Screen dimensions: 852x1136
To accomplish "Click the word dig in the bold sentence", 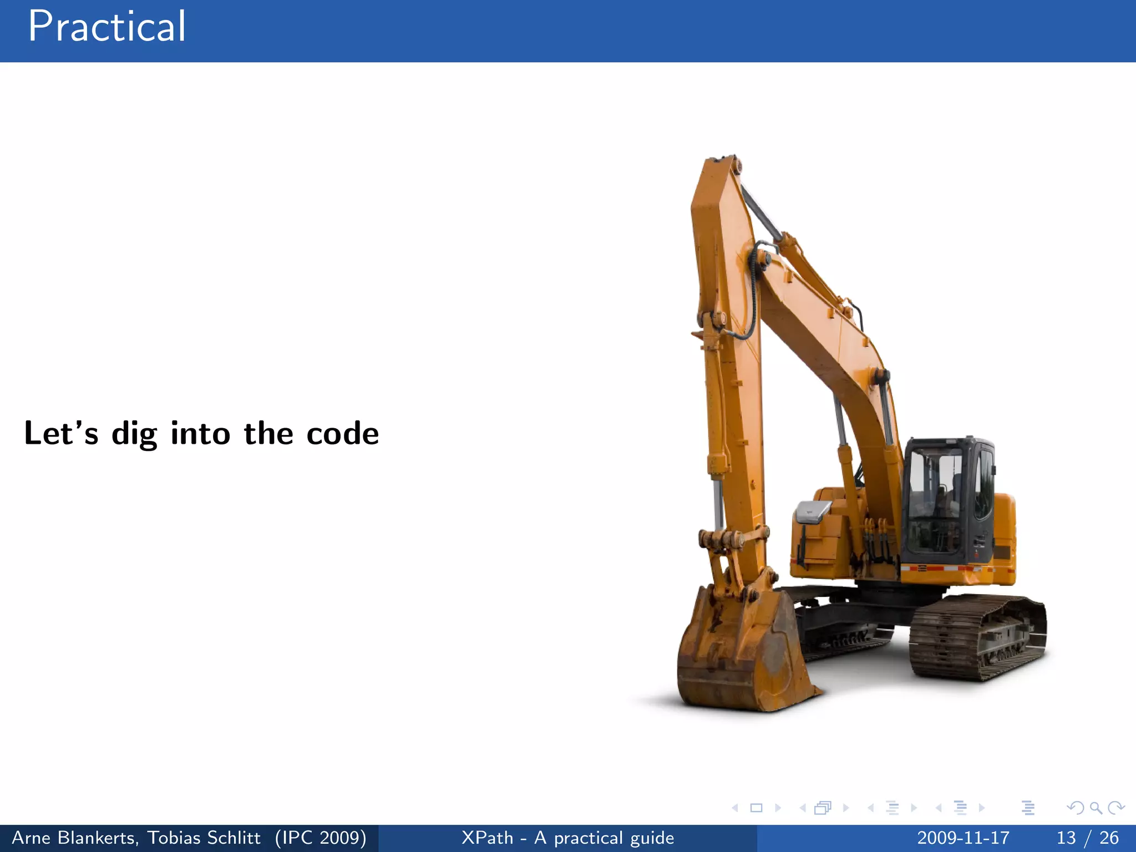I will tap(134, 434).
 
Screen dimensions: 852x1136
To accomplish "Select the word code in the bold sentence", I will tap(342, 434).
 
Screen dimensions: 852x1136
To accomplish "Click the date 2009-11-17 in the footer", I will tap(963, 838).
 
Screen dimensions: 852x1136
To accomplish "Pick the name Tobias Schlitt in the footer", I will tap(204, 838).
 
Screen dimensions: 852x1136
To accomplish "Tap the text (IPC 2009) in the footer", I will tap(321, 838).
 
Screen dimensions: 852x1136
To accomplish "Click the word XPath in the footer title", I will tap(487, 838).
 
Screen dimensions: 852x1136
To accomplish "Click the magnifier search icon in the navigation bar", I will tap(1096, 808).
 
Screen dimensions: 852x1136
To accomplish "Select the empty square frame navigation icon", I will tap(756, 808).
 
